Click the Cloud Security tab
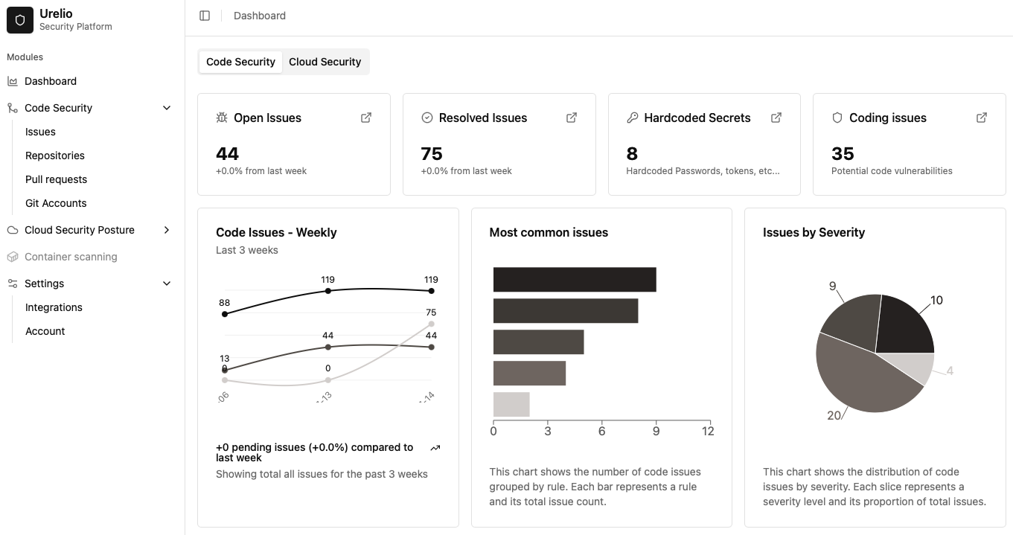coord(325,62)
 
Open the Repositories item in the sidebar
coord(55,156)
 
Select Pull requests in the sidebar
coord(56,179)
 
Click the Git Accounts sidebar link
coord(56,203)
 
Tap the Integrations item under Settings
coord(54,307)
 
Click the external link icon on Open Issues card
coord(366,118)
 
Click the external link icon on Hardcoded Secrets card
coord(776,118)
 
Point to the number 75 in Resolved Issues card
coord(432,154)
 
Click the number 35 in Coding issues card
coord(843,154)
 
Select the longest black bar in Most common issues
coord(574,280)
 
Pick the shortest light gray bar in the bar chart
coord(511,404)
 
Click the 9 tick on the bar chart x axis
coord(655,431)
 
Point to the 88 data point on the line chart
coord(225,314)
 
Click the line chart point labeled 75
coord(432,324)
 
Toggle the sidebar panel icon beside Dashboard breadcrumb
coord(205,16)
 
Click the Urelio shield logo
coord(20,20)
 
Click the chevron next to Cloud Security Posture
coord(167,230)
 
